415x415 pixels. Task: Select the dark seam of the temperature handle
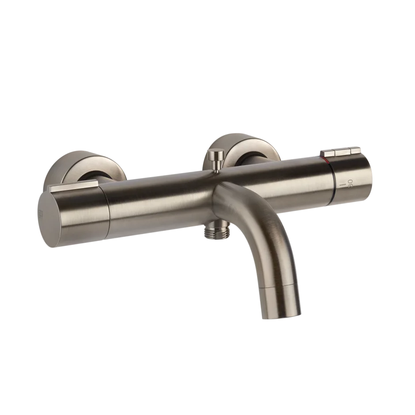334,185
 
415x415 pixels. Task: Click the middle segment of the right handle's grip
343,152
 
